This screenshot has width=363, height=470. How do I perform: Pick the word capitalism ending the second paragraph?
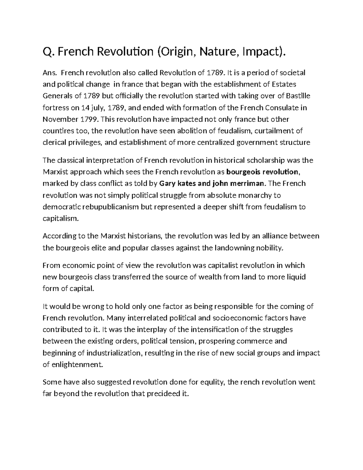(x=60, y=219)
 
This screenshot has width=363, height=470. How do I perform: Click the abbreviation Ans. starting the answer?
(x=50, y=73)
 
